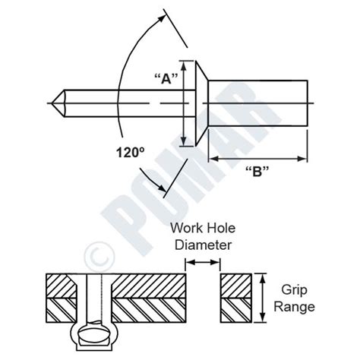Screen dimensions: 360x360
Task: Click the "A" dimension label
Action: pyautogui.click(x=165, y=78)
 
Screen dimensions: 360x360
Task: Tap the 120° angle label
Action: pyautogui.click(x=130, y=151)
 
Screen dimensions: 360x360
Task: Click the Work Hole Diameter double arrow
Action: pyautogui.click(x=203, y=262)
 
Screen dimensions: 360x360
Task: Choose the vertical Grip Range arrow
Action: pyautogui.click(x=264, y=299)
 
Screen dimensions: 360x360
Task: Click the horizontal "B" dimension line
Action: pyautogui.click(x=258, y=158)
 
